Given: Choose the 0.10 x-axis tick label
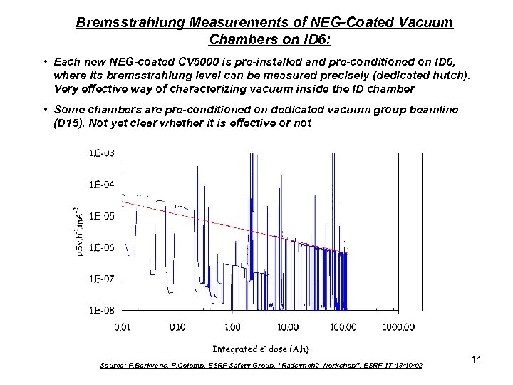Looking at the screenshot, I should (177, 327).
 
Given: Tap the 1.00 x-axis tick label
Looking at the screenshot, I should (232, 327).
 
